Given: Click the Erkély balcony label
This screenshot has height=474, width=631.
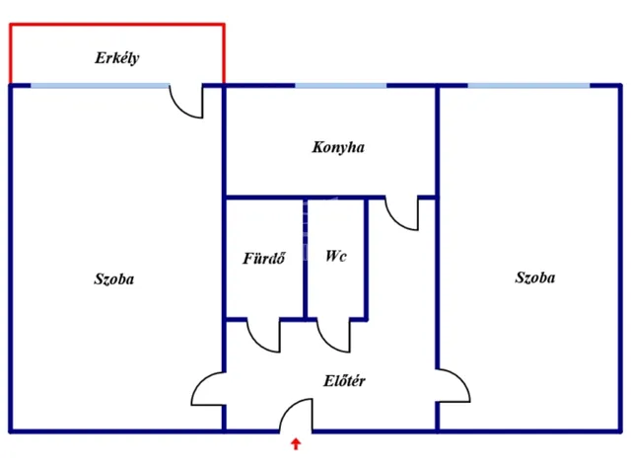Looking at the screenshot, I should pos(117,58).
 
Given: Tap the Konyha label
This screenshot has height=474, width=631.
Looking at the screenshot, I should pos(338,147).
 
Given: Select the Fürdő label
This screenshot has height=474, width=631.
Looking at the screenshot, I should pos(264,260).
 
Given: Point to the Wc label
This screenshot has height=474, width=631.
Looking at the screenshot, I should pos(336,256).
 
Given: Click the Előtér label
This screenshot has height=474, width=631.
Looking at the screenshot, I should pos(345,380).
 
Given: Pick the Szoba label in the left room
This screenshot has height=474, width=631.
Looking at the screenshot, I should pos(114,279).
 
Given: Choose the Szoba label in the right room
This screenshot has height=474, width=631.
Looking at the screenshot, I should pos(535,277).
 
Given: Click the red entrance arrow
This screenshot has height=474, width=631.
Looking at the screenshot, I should pos(295,444).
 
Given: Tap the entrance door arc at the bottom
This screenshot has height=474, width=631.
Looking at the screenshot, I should pos(295,417).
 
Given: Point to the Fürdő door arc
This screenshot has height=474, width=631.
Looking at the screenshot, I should pos(263,337).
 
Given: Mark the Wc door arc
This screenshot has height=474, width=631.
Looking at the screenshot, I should pos(334,337).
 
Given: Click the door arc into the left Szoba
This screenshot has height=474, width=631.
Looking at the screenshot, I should pos(207,388).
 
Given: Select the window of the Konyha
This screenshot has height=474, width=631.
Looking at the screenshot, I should pos(341,86).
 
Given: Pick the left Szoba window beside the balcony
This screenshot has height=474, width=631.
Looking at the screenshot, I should pos(100,86).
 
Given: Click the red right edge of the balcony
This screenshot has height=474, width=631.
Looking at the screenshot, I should pos(224,54).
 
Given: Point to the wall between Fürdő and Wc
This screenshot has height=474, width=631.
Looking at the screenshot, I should pos(305,259).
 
